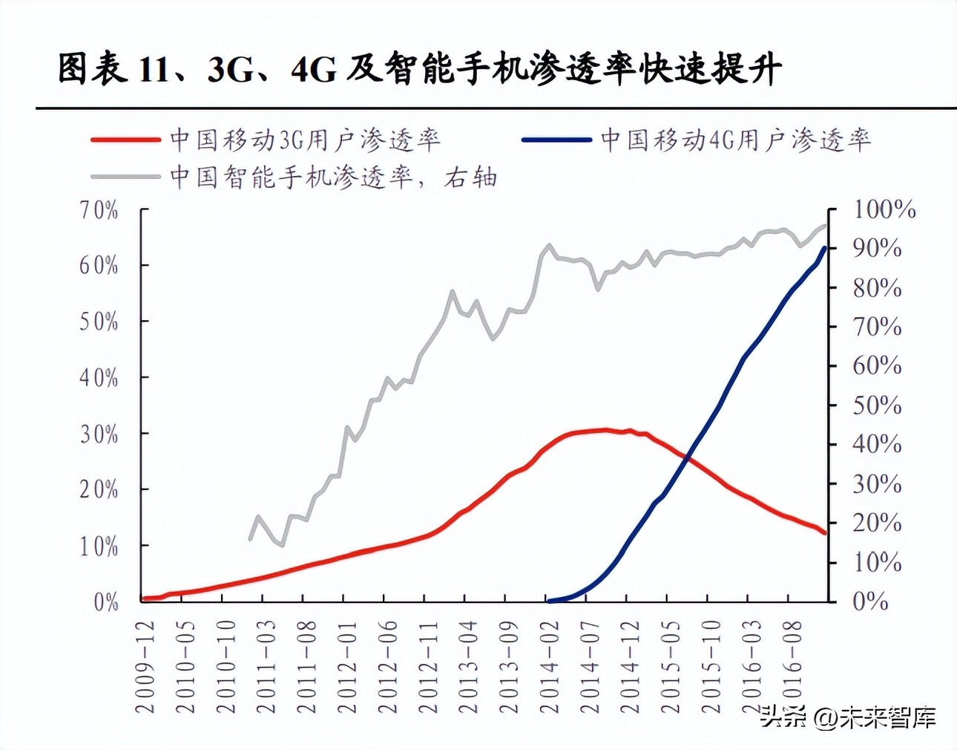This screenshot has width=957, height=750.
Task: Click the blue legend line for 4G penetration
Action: pos(556,140)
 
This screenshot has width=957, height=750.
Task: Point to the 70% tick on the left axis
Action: pos(99,210)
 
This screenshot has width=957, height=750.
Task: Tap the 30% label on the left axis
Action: pos(99,434)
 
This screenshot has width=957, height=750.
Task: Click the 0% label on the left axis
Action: pos(106,601)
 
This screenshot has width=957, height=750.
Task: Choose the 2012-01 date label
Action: pos(347,667)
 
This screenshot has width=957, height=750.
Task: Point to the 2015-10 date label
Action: pos(711,667)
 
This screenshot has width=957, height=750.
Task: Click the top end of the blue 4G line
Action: pos(824,248)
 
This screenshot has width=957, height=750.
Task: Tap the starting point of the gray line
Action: pos(250,539)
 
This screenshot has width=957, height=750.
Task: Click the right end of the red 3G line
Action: pos(825,532)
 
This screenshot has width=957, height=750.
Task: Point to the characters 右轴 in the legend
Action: pos(470,177)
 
